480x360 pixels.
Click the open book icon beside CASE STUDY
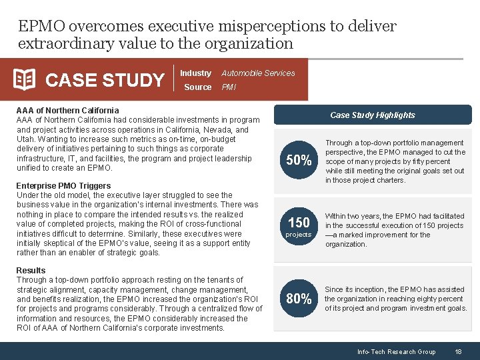click(25, 80)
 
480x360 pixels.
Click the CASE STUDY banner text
click(105, 81)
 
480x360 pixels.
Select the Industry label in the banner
click(195, 73)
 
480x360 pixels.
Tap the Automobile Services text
click(258, 73)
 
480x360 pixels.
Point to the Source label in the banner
click(197, 87)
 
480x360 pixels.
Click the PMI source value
click(229, 87)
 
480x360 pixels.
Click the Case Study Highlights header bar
click(372, 115)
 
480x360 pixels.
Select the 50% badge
click(299, 161)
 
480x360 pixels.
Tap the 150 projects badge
click(299, 226)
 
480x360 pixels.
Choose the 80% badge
click(299, 299)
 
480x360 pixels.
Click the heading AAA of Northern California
click(67, 110)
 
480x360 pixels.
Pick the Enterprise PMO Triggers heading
click(63, 185)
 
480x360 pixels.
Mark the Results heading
click(31, 270)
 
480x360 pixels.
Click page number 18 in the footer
click(458, 351)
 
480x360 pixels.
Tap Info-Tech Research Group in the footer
click(396, 351)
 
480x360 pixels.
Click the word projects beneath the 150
click(299, 235)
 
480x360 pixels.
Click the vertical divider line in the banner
click(173, 80)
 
